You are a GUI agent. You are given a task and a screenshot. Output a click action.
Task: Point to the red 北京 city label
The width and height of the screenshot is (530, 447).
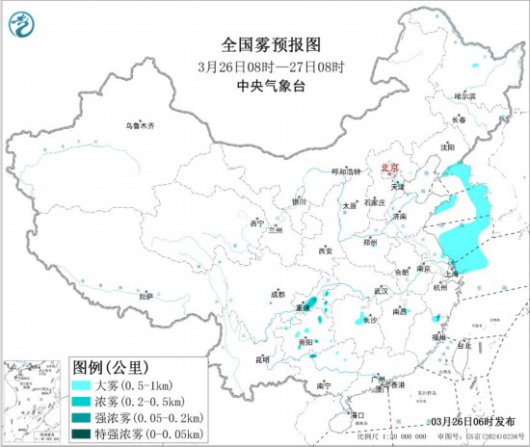tap(391, 167)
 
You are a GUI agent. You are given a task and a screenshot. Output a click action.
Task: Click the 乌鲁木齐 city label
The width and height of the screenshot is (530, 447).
tap(140, 126)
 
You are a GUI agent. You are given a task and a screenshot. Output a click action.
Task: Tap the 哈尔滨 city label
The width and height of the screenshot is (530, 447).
tap(465, 96)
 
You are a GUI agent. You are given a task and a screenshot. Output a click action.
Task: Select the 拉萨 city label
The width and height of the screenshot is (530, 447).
tap(145, 296)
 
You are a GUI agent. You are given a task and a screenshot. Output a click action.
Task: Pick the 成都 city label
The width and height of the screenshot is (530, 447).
tap(278, 293)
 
